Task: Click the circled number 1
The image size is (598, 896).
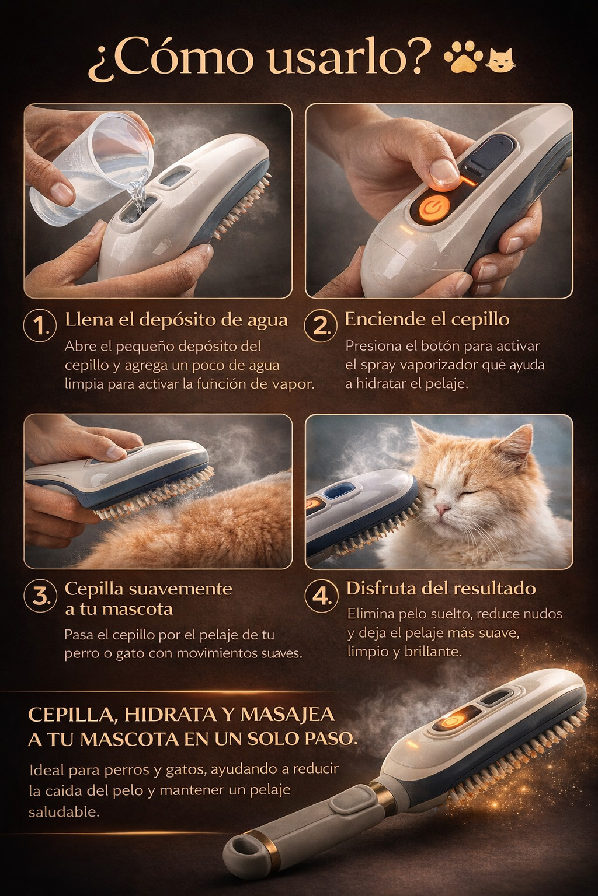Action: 39,327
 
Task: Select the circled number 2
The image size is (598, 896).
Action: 319,326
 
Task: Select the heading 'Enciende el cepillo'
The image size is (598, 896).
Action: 427,319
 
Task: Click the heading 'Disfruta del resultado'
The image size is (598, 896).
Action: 441,588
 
